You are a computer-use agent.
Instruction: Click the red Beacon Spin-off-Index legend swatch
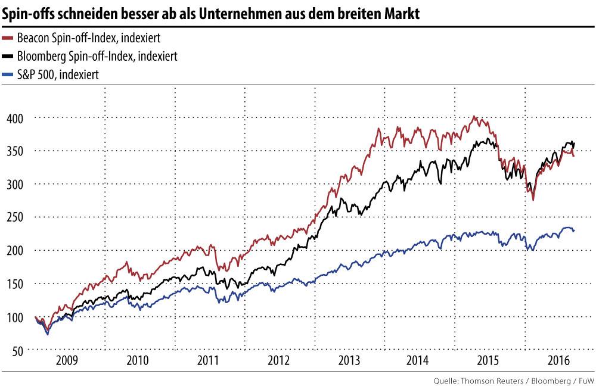tap(8, 38)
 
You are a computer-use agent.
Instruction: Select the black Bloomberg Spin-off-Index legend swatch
tap(8, 56)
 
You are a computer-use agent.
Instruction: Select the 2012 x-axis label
tap(279, 361)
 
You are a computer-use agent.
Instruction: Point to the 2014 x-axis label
tap(419, 361)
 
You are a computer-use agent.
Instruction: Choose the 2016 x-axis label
tap(559, 361)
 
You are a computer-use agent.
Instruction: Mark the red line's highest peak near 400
tap(474, 117)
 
